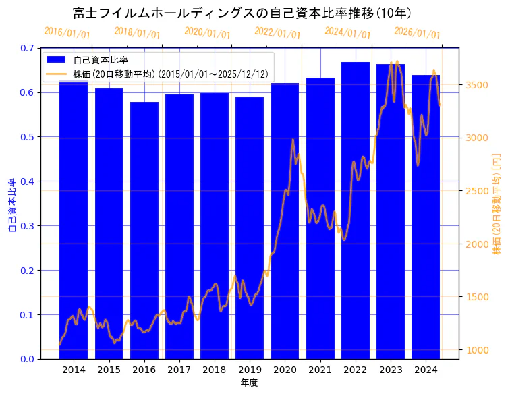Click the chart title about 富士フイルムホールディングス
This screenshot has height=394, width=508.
pos(243,13)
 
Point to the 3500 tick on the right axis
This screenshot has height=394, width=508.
pos(478,85)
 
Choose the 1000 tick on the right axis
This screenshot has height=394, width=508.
pos(478,350)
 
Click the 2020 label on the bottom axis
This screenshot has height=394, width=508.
pos(285,370)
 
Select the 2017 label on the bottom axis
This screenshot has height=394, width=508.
pos(179,370)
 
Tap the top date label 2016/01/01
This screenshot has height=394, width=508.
pos(67,32)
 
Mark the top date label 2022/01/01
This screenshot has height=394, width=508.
pos(277,32)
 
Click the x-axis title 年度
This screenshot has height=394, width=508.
pos(249,383)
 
